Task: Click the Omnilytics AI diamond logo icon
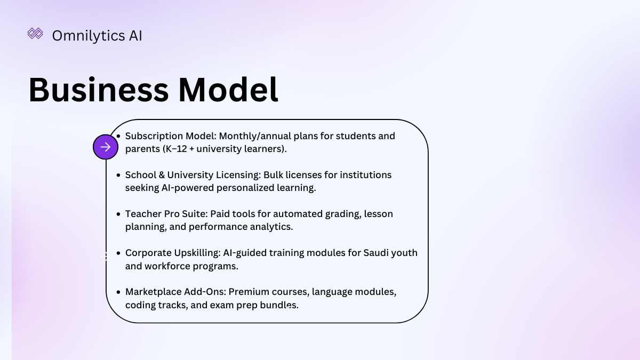(35, 34)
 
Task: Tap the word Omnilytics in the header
(89, 36)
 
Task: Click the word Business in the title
(99, 90)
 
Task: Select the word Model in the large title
(228, 90)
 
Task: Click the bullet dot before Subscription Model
(118, 137)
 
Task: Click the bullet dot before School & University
(118, 175)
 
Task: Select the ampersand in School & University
(162, 175)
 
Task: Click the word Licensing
(238, 175)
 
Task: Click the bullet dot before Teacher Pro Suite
(118, 214)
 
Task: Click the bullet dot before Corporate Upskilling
(118, 253)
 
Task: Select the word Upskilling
(197, 253)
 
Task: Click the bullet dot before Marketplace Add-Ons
(118, 292)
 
